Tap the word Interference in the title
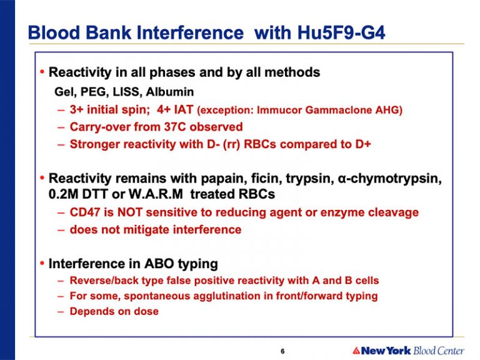[190, 32]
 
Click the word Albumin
[170, 91]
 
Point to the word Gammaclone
[339, 109]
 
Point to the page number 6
[282, 351]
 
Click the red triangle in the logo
[356, 351]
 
